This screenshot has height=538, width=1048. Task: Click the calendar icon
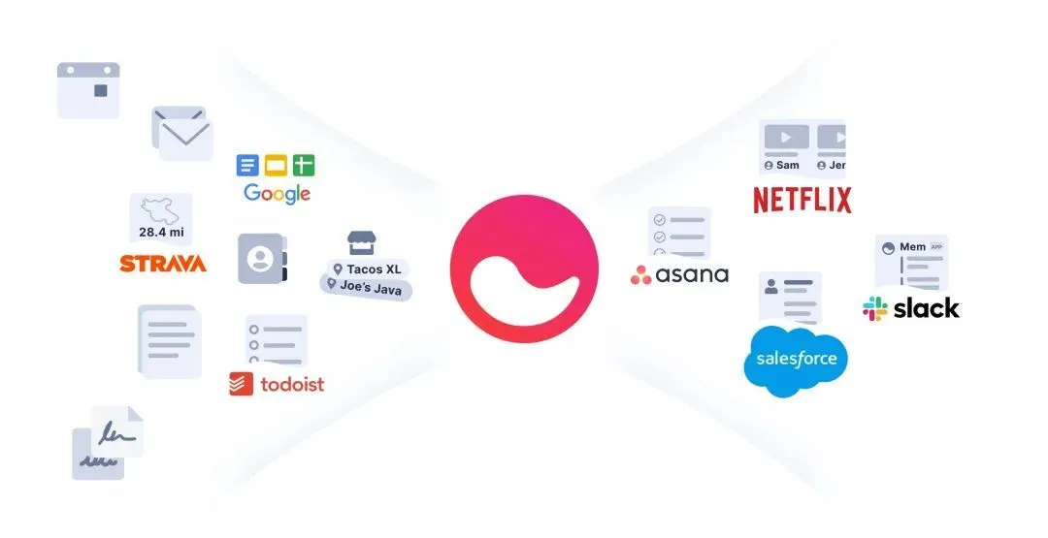tap(88, 90)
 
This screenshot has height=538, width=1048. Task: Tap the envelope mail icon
tap(182, 134)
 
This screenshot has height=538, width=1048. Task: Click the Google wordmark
tap(278, 192)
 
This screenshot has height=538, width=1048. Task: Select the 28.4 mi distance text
tap(161, 233)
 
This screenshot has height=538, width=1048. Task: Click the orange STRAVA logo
tap(163, 263)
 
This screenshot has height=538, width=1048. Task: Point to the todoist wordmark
tap(292, 384)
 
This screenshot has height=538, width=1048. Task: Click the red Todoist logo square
tap(241, 384)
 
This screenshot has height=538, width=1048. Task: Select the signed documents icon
tap(108, 442)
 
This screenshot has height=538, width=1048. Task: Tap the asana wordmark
tap(692, 274)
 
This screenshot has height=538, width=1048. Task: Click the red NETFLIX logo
tap(802, 200)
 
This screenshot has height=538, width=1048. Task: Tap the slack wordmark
tap(926, 308)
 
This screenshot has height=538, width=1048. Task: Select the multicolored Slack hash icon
tap(874, 308)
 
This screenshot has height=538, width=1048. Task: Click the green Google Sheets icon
tap(304, 165)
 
